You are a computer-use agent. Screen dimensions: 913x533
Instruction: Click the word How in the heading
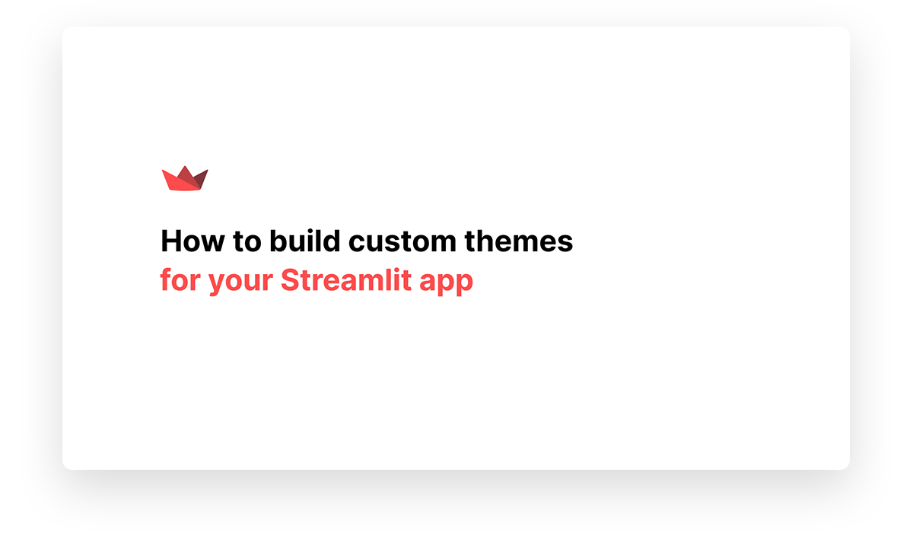point(192,241)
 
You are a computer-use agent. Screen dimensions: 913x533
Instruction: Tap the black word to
point(247,241)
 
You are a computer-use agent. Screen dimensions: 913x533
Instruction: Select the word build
point(305,241)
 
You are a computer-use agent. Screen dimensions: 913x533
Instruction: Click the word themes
point(519,241)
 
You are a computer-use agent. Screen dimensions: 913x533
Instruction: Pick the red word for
point(180,279)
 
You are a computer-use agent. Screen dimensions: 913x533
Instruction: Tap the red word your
point(241,282)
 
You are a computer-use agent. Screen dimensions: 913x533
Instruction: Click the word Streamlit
point(346,279)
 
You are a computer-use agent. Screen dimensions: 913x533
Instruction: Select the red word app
point(447,282)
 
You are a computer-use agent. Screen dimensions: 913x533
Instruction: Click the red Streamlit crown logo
point(185,179)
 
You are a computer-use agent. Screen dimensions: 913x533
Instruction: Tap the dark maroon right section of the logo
point(201,180)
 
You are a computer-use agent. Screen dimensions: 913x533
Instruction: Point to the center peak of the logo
point(185,167)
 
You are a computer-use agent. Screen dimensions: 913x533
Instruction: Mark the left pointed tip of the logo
point(163,171)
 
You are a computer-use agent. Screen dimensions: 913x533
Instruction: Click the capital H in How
point(171,241)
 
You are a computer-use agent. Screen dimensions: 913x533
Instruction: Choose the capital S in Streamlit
point(291,279)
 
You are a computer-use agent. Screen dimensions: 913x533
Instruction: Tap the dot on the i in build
point(310,231)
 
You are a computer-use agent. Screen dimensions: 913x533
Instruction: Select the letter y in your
point(218,284)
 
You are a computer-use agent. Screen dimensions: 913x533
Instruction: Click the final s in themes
point(565,244)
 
